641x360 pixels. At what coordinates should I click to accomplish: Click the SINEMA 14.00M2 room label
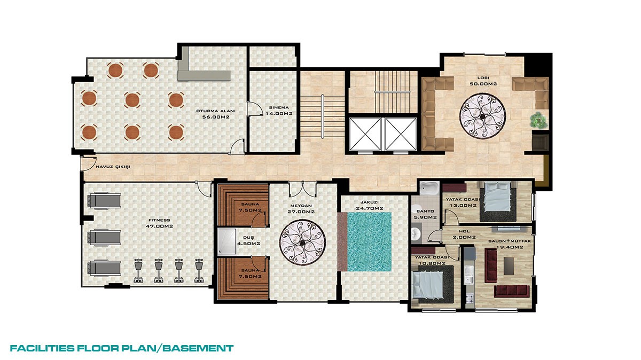(279, 111)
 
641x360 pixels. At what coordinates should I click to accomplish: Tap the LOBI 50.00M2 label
(483, 81)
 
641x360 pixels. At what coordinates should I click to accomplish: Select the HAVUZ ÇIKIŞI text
(113, 167)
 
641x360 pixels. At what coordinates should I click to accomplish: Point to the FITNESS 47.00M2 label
(159, 223)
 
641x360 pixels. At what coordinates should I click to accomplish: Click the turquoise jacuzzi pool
(369, 242)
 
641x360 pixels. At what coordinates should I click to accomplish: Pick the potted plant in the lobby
(538, 120)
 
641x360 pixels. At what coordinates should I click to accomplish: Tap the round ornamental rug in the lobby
(482, 115)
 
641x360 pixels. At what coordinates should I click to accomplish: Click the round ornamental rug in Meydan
(302, 242)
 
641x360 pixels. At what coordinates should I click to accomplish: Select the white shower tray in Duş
(226, 242)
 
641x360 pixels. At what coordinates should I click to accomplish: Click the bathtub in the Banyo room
(429, 189)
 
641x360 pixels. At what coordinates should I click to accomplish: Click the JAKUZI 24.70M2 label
(370, 205)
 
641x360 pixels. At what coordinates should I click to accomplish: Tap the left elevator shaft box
(366, 134)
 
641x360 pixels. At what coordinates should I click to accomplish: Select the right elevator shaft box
(401, 134)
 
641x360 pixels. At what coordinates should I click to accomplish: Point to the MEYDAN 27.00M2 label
(301, 209)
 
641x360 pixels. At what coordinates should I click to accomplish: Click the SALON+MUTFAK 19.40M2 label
(510, 244)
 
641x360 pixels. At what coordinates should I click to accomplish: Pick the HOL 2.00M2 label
(464, 234)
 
